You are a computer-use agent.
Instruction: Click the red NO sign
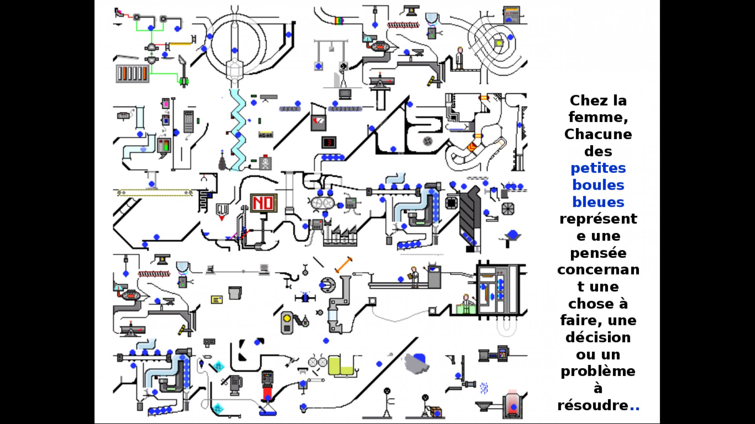pos(263,203)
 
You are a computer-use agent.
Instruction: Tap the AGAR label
pos(265,135)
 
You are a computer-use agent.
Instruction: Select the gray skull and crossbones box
pos(265,162)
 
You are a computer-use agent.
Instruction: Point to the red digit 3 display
pos(329,142)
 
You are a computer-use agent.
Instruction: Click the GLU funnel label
pos(222,210)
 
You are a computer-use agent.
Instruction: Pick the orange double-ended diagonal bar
pos(343,265)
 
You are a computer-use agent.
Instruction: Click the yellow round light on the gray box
pos(287,318)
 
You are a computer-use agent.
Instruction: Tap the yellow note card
pos(217,300)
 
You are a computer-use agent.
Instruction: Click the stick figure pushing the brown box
pos(425,405)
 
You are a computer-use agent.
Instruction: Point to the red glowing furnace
pos(512,404)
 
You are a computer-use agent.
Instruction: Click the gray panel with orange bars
pos(133,73)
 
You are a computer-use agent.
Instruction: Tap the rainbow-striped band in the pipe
pos(339,20)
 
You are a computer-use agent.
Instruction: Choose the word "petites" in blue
pos(598,168)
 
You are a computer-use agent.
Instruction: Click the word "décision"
pos(598,338)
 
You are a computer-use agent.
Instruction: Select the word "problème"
pos(598,371)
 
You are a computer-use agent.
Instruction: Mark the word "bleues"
pos(598,202)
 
